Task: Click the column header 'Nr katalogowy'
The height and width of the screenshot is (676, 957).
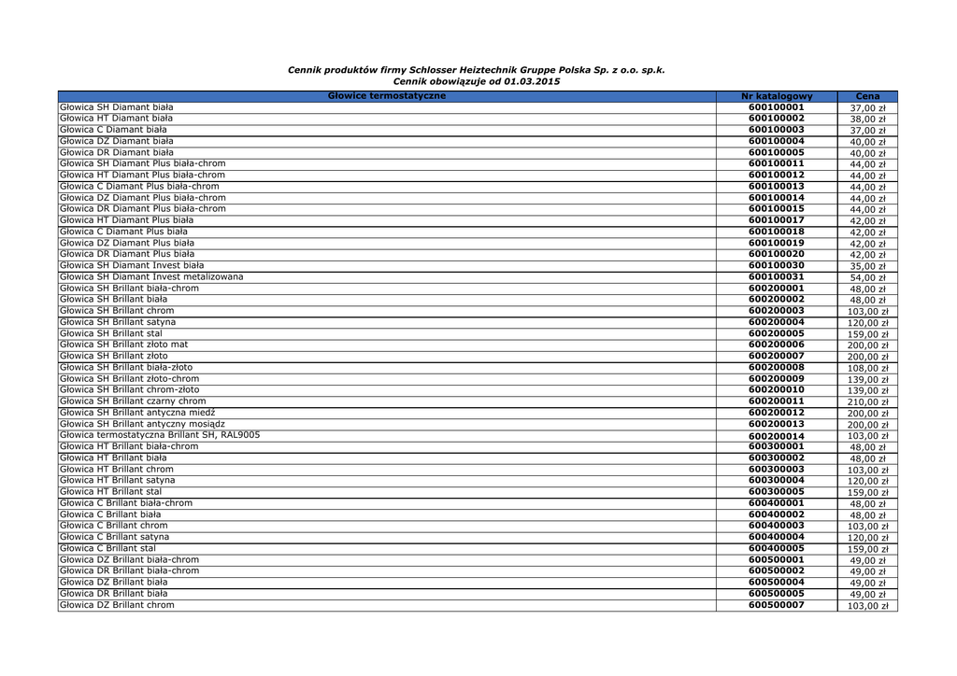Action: pyautogui.click(x=776, y=96)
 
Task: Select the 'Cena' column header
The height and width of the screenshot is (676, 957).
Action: pyautogui.click(x=866, y=96)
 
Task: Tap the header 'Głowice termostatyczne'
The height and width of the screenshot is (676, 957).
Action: pyautogui.click(x=387, y=96)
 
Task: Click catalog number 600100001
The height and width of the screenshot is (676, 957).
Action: pyautogui.click(x=776, y=107)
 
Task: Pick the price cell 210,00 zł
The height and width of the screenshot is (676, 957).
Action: pyautogui.click(x=867, y=402)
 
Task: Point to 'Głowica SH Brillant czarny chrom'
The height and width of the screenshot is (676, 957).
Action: pyautogui.click(x=133, y=401)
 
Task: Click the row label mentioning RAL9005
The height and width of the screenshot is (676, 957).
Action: pyautogui.click(x=160, y=435)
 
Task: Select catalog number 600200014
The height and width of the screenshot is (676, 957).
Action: pyautogui.click(x=776, y=436)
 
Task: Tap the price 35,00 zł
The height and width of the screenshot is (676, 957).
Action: pyautogui.click(x=867, y=266)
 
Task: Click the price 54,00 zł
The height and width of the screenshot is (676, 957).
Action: pyautogui.click(x=867, y=277)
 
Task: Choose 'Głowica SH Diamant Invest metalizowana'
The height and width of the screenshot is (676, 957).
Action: pyautogui.click(x=151, y=276)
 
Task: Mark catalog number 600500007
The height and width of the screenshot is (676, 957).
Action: pyautogui.click(x=776, y=605)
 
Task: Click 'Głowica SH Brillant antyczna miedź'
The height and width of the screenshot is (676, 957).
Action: pyautogui.click(x=137, y=413)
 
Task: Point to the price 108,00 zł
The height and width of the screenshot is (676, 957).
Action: pyautogui.click(x=867, y=369)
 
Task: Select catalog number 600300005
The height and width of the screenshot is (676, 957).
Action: pyautogui.click(x=776, y=491)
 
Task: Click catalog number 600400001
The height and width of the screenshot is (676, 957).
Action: pyautogui.click(x=776, y=502)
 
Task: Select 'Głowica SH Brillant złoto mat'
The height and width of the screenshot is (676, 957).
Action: pyautogui.click(x=123, y=345)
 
